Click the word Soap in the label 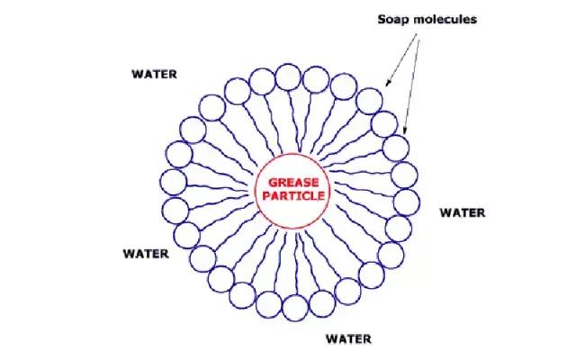point(392,20)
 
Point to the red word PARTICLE point(293,195)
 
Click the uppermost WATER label point(154,74)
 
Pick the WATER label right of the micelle point(463,212)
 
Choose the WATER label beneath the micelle point(348,338)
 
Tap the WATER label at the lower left point(146,254)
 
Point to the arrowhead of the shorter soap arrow point(387,84)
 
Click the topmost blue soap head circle point(288,77)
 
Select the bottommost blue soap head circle point(296,308)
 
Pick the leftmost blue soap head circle point(174,182)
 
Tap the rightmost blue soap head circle point(407,202)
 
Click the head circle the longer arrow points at point(396,148)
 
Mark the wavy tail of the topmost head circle point(294,121)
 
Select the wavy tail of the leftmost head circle point(218,187)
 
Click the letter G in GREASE point(273,183)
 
